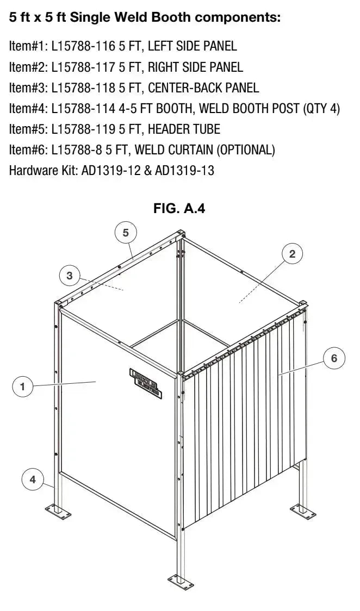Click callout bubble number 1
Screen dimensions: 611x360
22,386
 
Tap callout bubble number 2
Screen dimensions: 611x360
292,254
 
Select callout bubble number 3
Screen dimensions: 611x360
69,276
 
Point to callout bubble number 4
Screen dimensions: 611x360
33,479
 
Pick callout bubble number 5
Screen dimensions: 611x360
126,233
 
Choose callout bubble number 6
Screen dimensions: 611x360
334,358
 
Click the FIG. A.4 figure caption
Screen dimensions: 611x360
179,208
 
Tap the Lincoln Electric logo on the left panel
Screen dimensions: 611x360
144,381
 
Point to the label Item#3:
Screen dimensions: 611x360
28,88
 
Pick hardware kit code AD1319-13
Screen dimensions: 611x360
184,171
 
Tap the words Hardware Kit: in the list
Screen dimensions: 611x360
43,171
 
